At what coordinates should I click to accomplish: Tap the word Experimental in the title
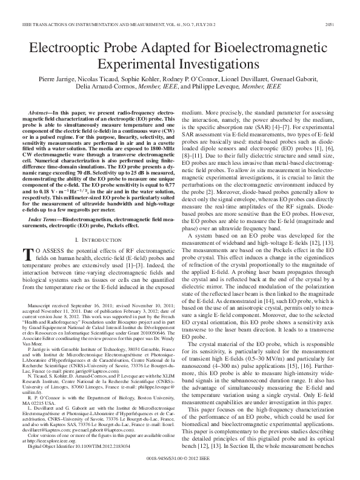point(137,63)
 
